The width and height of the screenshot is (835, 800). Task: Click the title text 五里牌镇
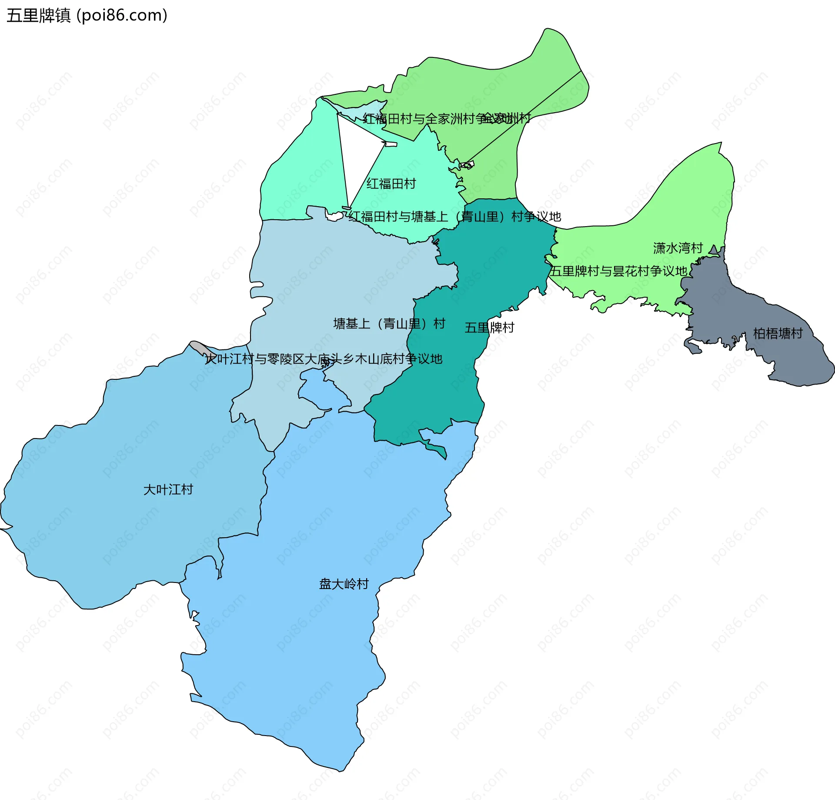pyautogui.click(x=38, y=16)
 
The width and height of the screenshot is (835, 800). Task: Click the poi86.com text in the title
pyautogui.click(x=122, y=16)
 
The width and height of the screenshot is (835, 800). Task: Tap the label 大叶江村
pyautogui.click(x=168, y=489)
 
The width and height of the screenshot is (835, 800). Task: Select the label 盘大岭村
pyautogui.click(x=344, y=584)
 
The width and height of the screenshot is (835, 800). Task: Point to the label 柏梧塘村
pyautogui.click(x=778, y=334)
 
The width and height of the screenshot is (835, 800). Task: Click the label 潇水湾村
pyautogui.click(x=678, y=248)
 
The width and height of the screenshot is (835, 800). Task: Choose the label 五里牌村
pyautogui.click(x=489, y=328)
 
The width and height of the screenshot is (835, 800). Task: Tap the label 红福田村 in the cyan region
pyautogui.click(x=391, y=184)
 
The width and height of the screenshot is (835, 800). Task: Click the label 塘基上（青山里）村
pyautogui.click(x=389, y=324)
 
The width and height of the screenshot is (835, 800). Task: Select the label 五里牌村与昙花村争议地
pyautogui.click(x=618, y=271)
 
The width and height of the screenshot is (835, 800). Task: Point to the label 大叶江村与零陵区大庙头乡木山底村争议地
pyautogui.click(x=324, y=359)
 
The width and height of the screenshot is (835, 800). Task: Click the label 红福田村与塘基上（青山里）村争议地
pyautogui.click(x=454, y=217)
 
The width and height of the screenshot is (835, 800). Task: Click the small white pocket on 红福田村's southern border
pyautogui.click(x=334, y=217)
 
